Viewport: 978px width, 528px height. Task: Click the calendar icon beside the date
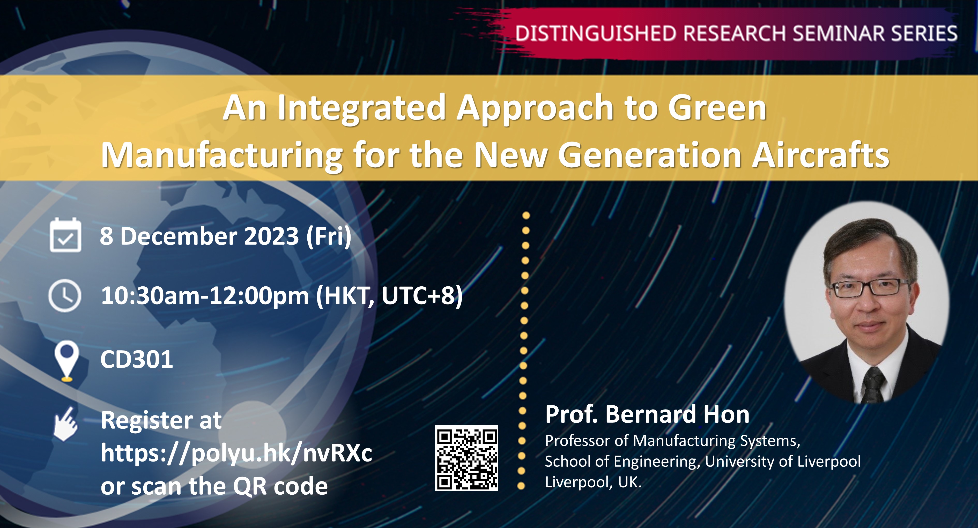point(65,235)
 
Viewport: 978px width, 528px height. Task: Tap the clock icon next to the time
point(65,296)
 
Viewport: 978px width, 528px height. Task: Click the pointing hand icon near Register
point(66,424)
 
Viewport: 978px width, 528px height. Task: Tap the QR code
point(466,458)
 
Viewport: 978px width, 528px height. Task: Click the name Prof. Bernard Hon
point(647,414)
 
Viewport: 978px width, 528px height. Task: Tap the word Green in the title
point(717,108)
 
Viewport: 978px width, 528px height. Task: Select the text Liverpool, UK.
point(593,482)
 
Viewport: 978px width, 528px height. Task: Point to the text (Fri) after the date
point(329,236)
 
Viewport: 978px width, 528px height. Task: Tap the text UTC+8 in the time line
point(418,296)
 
